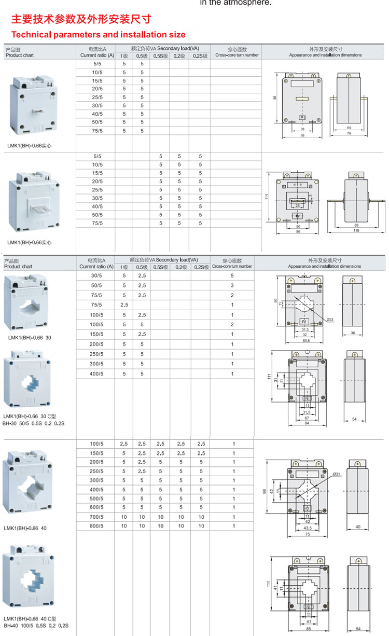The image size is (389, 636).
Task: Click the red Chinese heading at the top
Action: coord(81,20)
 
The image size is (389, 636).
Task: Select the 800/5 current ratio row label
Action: coord(96,526)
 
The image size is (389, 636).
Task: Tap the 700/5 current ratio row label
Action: coord(96,517)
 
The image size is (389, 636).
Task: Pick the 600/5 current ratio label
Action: coord(96,507)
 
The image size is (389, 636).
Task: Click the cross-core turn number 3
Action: coord(232,285)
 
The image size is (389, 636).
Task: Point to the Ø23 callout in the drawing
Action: coord(331,320)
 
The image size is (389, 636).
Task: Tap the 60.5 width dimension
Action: coord(305,341)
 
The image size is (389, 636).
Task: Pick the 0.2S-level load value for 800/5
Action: coord(201,526)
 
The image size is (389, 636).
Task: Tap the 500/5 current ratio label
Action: coord(96,499)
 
